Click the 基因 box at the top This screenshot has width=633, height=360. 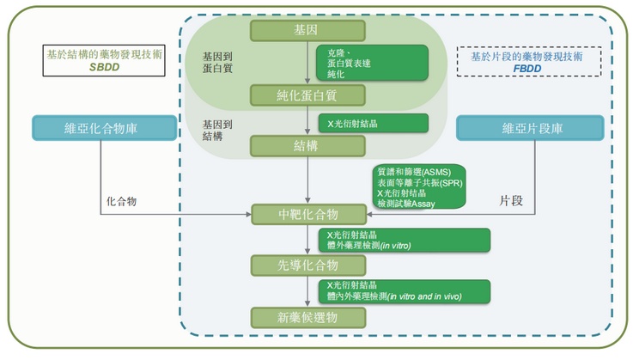(x=307, y=31)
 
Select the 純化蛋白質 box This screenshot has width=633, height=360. (x=307, y=95)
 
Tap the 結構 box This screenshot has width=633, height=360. (x=307, y=145)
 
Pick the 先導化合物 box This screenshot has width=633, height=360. (x=307, y=265)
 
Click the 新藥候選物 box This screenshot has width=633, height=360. (x=307, y=317)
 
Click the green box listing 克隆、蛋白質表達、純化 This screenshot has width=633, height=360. (x=372, y=64)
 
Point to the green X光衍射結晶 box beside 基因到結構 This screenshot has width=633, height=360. (x=372, y=123)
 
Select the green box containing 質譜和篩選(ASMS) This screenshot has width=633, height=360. (x=418, y=186)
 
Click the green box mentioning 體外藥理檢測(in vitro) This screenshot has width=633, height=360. (x=403, y=240)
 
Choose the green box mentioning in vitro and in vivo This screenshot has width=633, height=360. (x=403, y=290)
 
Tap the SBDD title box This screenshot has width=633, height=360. (x=100, y=60)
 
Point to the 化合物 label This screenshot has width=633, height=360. (x=122, y=200)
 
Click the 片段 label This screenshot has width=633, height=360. (x=511, y=200)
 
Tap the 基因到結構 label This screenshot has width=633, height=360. (x=217, y=130)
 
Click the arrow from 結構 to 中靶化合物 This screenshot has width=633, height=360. (x=307, y=180)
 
